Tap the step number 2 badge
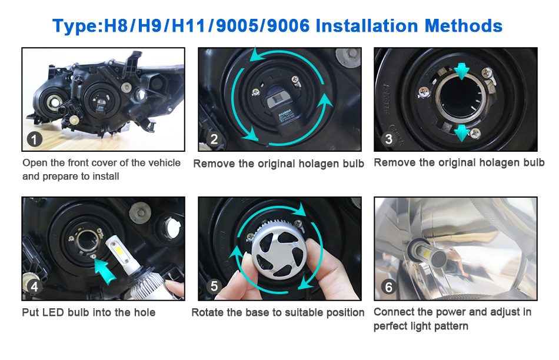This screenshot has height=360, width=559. (x=214, y=139)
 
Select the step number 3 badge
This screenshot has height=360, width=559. (x=388, y=139)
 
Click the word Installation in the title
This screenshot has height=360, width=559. (x=366, y=26)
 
